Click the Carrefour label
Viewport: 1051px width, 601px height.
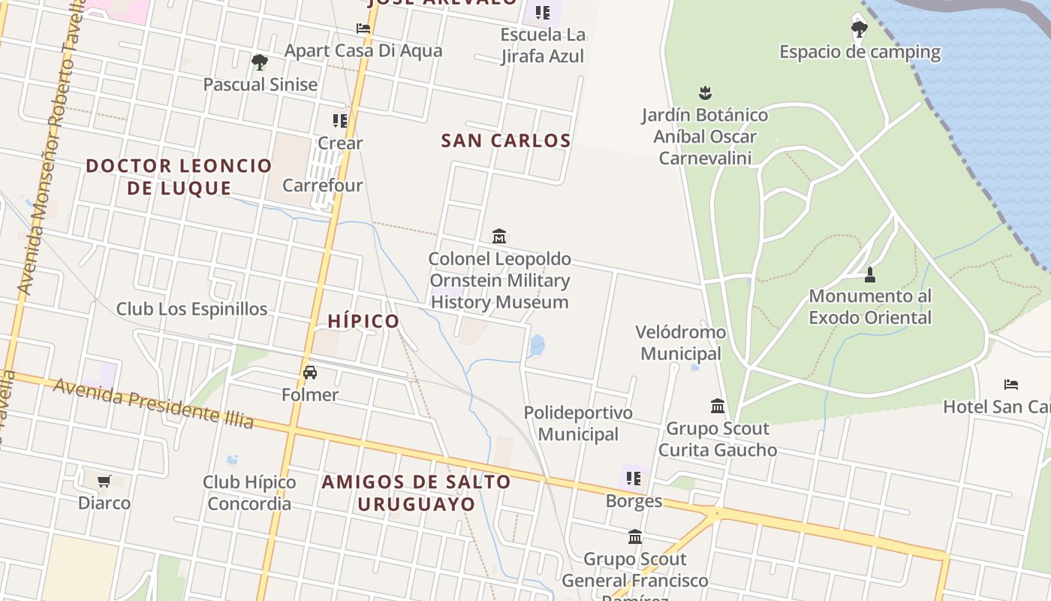click(x=322, y=185)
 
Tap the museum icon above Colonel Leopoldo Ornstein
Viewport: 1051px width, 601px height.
click(x=499, y=237)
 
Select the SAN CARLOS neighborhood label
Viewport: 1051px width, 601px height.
click(x=505, y=140)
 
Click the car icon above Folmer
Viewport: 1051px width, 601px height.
click(x=310, y=372)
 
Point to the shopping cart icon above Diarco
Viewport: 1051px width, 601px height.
click(x=104, y=481)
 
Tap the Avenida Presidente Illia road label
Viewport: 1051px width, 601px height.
click(x=153, y=403)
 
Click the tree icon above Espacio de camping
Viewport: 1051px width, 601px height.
click(x=860, y=29)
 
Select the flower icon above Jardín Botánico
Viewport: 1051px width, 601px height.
click(x=705, y=93)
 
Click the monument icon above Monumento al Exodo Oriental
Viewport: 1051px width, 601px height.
click(x=870, y=274)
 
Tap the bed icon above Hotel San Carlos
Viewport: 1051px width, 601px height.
click(x=1011, y=385)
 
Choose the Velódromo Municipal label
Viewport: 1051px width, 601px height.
click(x=680, y=343)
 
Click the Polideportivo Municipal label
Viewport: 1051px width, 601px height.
click(x=578, y=423)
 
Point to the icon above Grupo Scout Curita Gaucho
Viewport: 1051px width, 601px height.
click(x=718, y=406)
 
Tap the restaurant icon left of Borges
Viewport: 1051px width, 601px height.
click(x=634, y=479)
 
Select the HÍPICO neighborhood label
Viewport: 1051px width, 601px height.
click(x=363, y=322)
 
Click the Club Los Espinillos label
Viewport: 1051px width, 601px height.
click(x=191, y=309)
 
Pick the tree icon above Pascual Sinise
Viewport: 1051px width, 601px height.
click(x=260, y=62)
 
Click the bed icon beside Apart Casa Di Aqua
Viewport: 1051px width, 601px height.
click(x=363, y=29)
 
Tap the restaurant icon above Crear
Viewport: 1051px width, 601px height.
click(x=340, y=120)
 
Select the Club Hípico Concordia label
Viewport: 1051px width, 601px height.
click(x=249, y=492)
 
